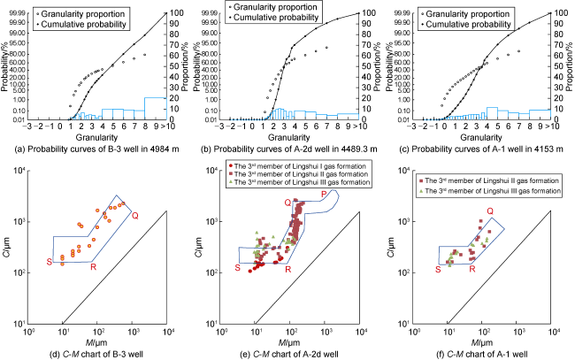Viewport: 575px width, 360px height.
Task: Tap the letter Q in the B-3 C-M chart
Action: pos(135,215)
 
